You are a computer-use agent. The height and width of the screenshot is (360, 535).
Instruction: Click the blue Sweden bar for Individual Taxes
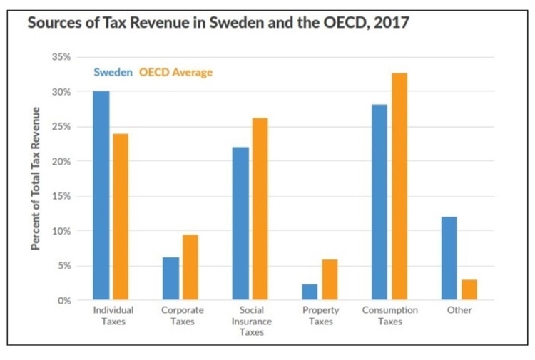pos(101,196)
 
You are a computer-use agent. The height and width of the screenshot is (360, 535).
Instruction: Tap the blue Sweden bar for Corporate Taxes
pos(170,279)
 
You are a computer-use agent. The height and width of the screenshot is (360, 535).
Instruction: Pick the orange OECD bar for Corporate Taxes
pos(190,267)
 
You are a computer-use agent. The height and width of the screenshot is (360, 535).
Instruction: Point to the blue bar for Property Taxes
pos(310,292)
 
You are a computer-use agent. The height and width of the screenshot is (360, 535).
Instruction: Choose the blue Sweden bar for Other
pos(449,258)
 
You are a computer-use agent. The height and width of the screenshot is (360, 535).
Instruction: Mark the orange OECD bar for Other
pos(469,290)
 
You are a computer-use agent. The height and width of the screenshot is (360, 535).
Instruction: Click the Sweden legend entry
pos(112,73)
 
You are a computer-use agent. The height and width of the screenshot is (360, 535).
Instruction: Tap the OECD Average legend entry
pos(175,73)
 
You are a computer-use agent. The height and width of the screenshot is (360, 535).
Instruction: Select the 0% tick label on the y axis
pos(63,301)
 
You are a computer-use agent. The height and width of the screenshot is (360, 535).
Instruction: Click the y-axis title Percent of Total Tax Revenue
pos(35,178)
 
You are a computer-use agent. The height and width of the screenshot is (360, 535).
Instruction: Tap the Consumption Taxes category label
pos(390,316)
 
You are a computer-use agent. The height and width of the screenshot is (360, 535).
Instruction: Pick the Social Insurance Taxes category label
pos(252,322)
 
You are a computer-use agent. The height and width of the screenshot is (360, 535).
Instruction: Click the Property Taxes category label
pos(321,316)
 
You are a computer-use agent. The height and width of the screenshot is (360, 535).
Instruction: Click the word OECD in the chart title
pos(331,22)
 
